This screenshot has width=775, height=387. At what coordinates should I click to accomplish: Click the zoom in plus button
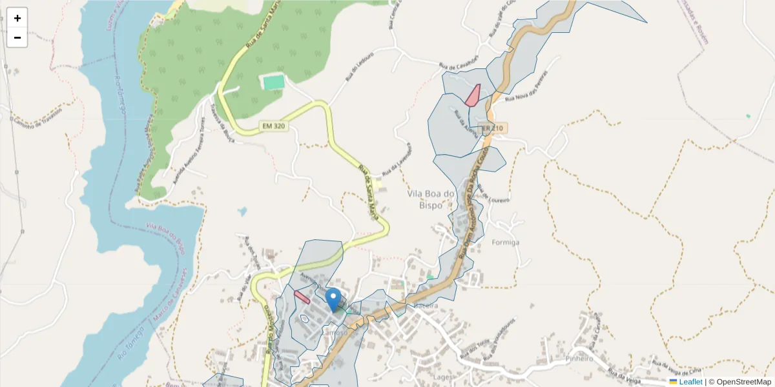17,18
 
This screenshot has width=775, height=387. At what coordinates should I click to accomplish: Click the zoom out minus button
17,37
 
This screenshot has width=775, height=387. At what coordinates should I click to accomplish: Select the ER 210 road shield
491,128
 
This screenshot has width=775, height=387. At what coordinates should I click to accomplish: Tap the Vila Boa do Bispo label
431,199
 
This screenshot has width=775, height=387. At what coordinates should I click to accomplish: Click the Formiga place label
506,243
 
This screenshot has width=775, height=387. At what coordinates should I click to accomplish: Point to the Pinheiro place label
579,358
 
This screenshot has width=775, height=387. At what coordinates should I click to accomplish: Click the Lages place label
442,377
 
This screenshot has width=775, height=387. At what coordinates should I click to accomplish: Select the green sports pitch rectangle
273,83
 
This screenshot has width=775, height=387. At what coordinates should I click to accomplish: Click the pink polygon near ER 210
473,95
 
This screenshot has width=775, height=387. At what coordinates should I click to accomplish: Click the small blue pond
242,211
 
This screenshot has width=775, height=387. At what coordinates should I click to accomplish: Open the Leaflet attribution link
690,382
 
